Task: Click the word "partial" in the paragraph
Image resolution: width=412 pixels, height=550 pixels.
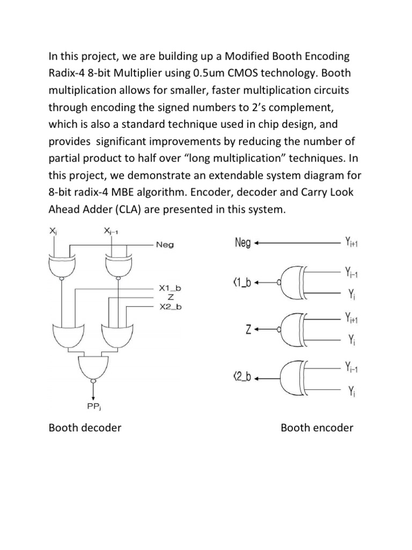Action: (x=65, y=158)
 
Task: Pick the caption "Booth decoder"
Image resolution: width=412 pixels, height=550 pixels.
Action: (x=85, y=428)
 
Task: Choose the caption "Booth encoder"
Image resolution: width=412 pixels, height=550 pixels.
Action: (x=317, y=428)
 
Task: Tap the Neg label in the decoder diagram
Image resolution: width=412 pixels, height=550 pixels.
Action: (x=164, y=245)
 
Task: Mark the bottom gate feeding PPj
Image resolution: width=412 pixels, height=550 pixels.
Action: (x=94, y=367)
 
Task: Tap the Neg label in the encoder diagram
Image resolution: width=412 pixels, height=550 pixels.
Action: (x=243, y=243)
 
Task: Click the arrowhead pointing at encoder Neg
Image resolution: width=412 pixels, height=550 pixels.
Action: (x=257, y=243)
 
